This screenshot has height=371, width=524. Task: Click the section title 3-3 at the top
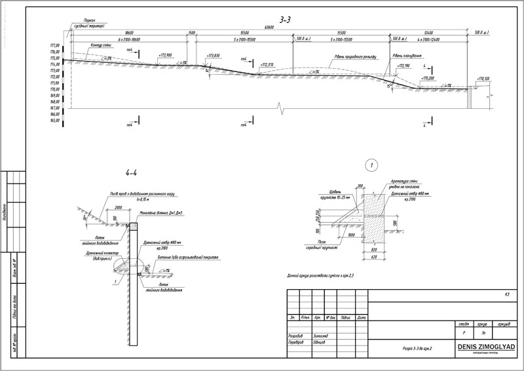285,20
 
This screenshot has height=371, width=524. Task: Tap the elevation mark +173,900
165,56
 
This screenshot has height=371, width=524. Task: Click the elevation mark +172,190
401,66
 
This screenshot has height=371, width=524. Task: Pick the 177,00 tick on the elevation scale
54,44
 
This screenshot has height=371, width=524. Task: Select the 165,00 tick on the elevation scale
54,121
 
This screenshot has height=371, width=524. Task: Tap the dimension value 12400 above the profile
428,33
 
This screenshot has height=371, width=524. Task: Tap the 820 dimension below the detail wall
373,250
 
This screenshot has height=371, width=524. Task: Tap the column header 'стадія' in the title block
464,324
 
